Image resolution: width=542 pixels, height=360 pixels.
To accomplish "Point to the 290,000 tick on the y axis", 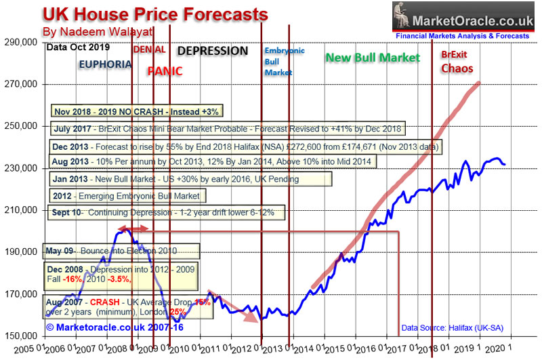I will coord(23,42).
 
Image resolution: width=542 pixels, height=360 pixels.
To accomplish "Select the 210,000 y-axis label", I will coord(23,210).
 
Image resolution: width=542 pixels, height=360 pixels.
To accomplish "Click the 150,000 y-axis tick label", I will coord(23,336).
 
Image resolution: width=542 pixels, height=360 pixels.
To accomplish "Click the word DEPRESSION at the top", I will coord(213,51).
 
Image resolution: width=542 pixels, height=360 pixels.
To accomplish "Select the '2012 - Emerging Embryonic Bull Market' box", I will coord(127,196).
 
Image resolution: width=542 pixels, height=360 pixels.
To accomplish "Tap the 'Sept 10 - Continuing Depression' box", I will coord(167,212).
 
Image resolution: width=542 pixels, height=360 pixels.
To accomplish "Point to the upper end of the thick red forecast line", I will coord(478,84).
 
